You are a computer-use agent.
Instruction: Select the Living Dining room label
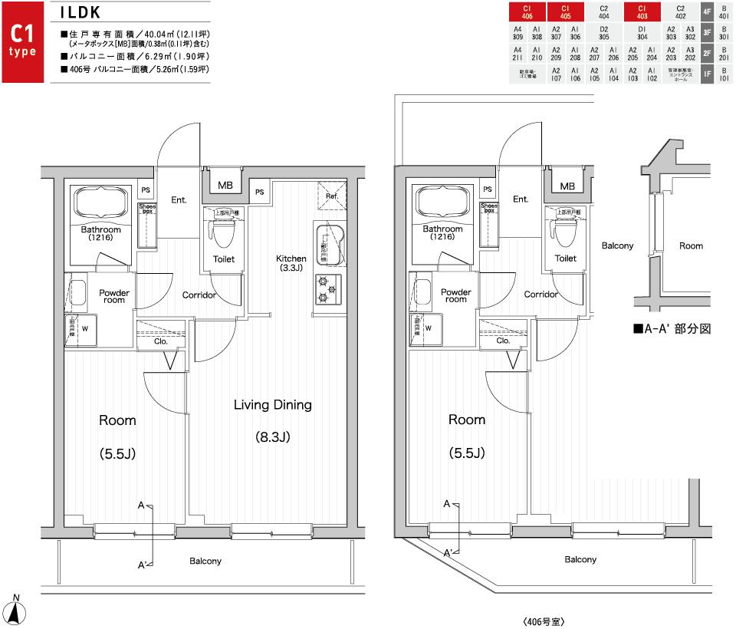coord(272,404)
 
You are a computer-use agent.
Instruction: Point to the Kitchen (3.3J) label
coord(291,263)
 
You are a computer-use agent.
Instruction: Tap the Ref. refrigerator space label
coord(332,196)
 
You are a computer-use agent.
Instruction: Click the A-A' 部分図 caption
coord(672,328)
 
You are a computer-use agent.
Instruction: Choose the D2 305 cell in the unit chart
coord(603,32)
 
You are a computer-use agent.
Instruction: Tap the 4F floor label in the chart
coord(707,12)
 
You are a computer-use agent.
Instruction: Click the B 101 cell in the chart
coord(724,74)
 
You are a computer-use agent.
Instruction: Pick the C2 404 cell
coord(603,12)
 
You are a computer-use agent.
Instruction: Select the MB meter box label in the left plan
coord(225,186)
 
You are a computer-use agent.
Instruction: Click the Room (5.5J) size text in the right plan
coord(467,453)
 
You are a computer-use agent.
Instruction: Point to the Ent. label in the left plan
coord(179,200)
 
